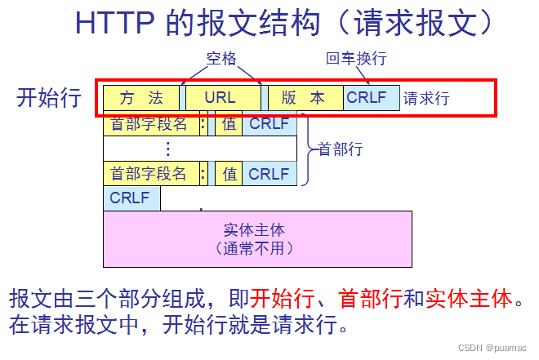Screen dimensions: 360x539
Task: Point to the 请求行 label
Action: pyautogui.click(x=426, y=99)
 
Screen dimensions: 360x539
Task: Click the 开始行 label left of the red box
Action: pyautogui.click(x=49, y=98)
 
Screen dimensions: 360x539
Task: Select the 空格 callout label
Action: pyautogui.click(x=221, y=58)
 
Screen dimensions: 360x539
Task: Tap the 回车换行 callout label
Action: pyautogui.click(x=355, y=58)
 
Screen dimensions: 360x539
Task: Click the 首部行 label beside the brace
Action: pyautogui.click(x=341, y=149)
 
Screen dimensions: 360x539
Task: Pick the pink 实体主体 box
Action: pyautogui.click(x=257, y=238)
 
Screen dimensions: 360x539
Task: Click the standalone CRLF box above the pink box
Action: pyautogui.click(x=131, y=198)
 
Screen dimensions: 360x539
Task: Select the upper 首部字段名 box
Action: pyautogui.click(x=149, y=124)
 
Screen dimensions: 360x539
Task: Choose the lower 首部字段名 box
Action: pyautogui.click(x=149, y=173)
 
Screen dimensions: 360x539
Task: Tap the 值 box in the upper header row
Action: pyautogui.click(x=229, y=124)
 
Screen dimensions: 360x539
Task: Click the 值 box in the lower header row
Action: pyautogui.click(x=229, y=173)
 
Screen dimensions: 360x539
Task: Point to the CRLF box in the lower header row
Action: pyautogui.click(x=269, y=173)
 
